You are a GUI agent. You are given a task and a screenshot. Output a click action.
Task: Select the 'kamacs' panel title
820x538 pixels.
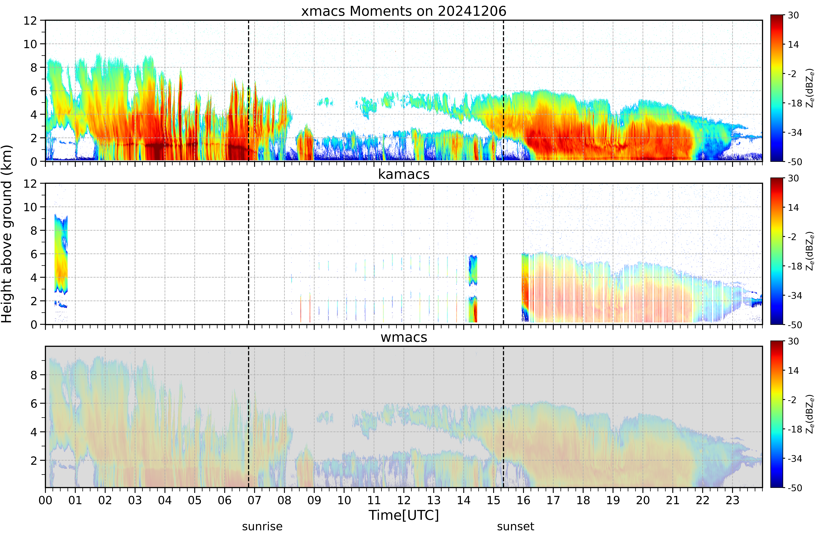click(404, 174)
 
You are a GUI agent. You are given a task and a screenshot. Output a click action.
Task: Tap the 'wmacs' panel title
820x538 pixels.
click(404, 337)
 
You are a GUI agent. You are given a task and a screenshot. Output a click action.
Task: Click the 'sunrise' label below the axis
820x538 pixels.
click(262, 527)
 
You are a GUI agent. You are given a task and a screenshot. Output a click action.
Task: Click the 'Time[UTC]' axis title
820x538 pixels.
click(404, 516)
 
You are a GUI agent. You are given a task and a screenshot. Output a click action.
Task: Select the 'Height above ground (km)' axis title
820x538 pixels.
click(7, 234)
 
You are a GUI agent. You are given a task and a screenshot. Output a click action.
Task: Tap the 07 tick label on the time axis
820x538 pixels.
click(255, 500)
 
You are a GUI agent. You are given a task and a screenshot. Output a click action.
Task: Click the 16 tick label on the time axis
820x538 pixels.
click(523, 500)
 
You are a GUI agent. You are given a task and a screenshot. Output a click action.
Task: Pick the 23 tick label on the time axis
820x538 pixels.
click(733, 500)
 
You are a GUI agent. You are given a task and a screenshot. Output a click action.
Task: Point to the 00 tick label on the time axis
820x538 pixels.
click(46, 500)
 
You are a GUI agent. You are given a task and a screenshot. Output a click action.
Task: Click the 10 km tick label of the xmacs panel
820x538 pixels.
click(30, 44)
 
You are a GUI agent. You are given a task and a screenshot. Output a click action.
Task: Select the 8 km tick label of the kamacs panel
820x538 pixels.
click(33, 231)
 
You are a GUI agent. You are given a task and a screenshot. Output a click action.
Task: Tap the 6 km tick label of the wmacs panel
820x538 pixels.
click(33, 403)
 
